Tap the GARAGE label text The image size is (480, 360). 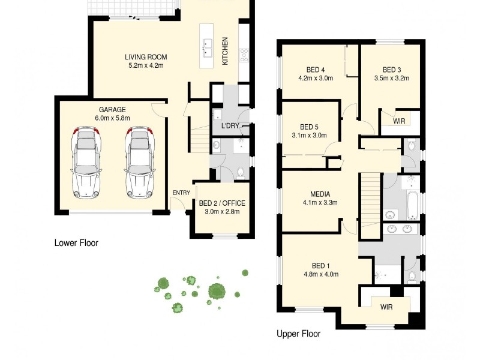(x=112, y=110)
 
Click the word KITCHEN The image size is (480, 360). (x=226, y=51)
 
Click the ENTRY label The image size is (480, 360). (x=181, y=193)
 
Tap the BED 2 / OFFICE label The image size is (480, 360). (x=221, y=203)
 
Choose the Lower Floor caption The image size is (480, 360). (x=76, y=243)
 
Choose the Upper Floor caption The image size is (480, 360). (x=298, y=334)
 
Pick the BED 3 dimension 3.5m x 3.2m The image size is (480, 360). (x=391, y=77)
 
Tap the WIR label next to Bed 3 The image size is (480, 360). (x=399, y=121)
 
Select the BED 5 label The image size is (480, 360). (x=309, y=127)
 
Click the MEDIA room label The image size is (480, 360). (x=320, y=194)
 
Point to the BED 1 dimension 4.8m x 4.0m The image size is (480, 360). (x=320, y=274)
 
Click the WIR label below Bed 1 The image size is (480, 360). (x=387, y=306)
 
